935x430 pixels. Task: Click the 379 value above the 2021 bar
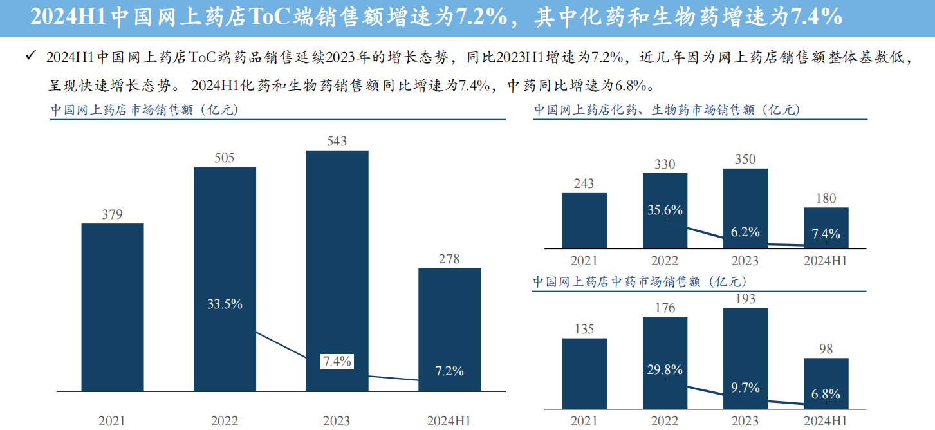pyautogui.click(x=112, y=214)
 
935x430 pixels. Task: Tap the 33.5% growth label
pyautogui.click(x=225, y=304)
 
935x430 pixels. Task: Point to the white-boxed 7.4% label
pyautogui.click(x=337, y=361)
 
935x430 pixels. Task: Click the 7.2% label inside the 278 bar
pyautogui.click(x=449, y=371)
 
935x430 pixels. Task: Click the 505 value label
pyautogui.click(x=224, y=158)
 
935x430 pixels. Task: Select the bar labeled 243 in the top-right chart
pyautogui.click(x=584, y=220)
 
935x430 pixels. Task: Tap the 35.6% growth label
pyautogui.click(x=665, y=210)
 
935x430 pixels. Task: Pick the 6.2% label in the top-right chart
pyautogui.click(x=745, y=232)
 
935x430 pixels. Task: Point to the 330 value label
pyautogui.click(x=665, y=164)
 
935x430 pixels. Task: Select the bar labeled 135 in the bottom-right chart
pyautogui.click(x=584, y=373)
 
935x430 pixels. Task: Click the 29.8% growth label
pyautogui.click(x=665, y=369)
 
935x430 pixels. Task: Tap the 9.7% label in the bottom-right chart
pyautogui.click(x=745, y=388)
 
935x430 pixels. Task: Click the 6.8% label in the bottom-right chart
pyautogui.click(x=826, y=395)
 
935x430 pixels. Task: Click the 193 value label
pyautogui.click(x=745, y=299)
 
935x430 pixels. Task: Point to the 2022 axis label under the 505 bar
pyautogui.click(x=224, y=421)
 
